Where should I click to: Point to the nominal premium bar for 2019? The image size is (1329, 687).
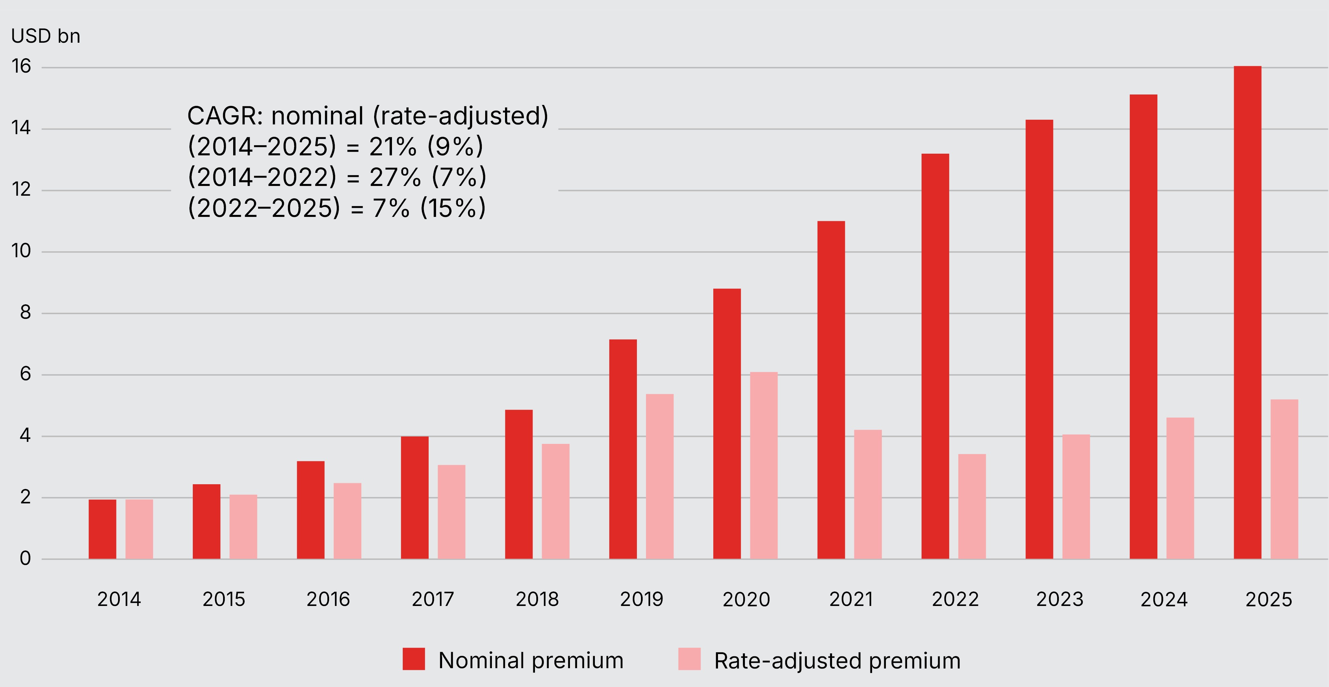(x=623, y=449)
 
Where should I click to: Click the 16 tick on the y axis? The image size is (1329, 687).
(x=21, y=67)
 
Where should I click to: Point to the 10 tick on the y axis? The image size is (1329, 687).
(x=21, y=251)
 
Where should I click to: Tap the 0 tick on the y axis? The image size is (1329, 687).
(x=25, y=559)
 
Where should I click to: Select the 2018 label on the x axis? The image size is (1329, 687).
(x=537, y=599)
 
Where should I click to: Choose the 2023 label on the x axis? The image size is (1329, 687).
(x=1060, y=599)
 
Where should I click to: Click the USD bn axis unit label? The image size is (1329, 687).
(x=45, y=36)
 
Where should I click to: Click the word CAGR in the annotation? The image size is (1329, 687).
(x=224, y=116)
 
